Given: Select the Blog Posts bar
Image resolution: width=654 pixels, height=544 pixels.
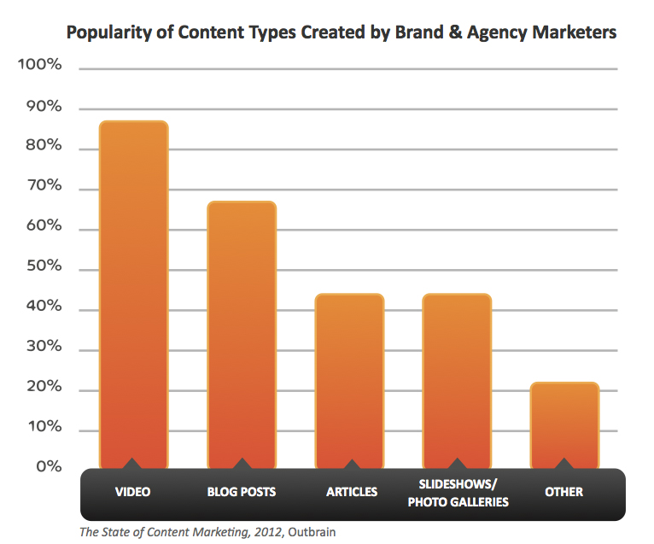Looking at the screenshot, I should point(242,333).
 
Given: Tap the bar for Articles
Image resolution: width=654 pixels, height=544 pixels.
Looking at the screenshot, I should point(349,380).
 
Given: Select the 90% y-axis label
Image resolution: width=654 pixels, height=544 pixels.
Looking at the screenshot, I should point(42,107).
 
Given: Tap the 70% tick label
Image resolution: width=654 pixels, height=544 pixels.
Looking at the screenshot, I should point(42,186).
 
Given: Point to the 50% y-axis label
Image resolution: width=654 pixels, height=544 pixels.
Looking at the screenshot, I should point(42,266).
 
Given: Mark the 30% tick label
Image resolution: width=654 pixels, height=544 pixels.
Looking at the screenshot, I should point(42,347).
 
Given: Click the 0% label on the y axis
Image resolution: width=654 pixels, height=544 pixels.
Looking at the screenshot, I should point(48,467).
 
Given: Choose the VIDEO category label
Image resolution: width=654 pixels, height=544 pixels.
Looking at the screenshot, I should point(132,492).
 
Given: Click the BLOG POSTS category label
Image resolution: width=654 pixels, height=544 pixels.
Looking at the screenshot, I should point(242,492).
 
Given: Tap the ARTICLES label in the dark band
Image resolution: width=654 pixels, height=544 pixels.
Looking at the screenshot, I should point(349,492).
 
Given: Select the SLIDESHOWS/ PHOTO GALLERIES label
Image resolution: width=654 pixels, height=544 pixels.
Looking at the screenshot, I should point(458,493).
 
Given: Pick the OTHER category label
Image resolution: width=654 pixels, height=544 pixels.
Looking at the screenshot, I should point(563,492).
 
